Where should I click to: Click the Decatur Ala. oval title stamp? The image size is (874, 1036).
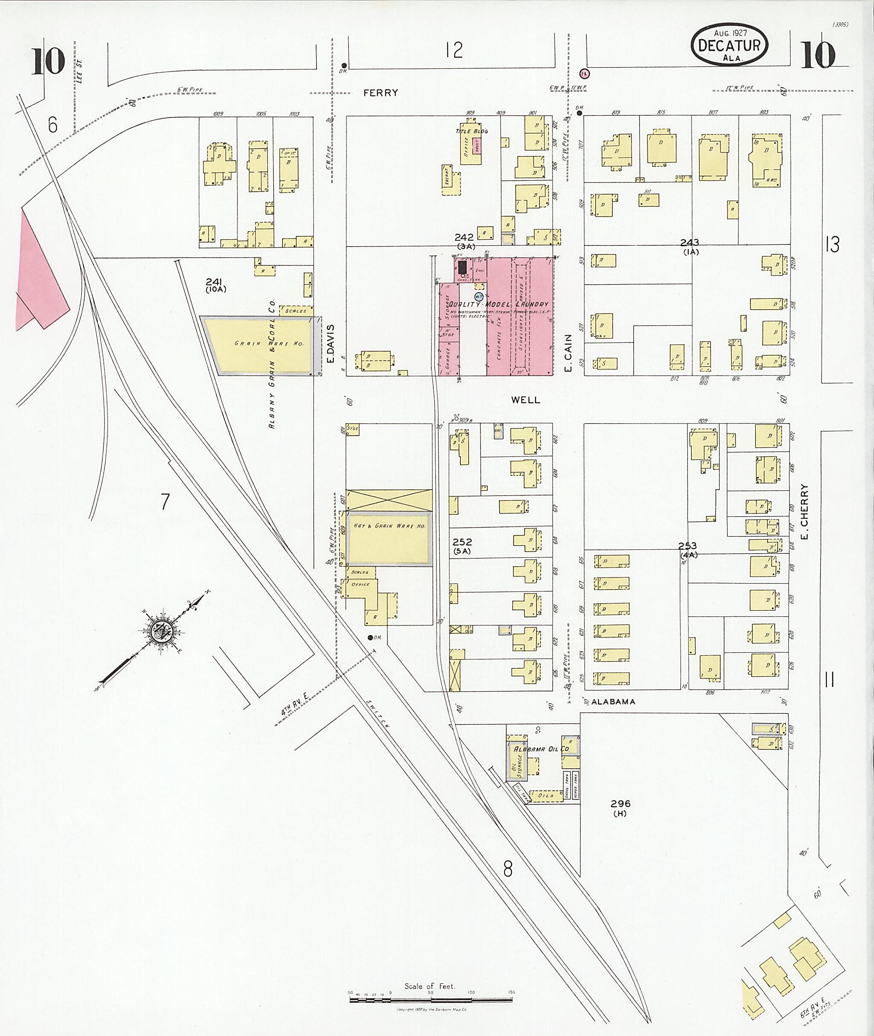coord(729,45)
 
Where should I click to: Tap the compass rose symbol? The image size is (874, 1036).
coord(161,633)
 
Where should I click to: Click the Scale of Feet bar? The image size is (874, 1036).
coord(430,999)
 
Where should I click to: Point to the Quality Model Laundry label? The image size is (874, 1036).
coord(498,304)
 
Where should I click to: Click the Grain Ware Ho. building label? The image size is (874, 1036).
coord(269,343)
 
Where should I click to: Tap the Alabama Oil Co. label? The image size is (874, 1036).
coord(542,749)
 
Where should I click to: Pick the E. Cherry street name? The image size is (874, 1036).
coord(804,511)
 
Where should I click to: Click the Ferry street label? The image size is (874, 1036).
coord(381,93)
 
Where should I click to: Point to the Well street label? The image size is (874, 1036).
coord(526,400)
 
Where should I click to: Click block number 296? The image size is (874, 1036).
coord(621,803)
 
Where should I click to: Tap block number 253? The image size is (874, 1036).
coord(688,546)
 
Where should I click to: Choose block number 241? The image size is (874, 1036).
coord(214,282)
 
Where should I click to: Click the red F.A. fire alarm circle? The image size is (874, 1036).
coord(585,74)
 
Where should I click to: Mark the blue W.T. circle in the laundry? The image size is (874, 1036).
coord(479,296)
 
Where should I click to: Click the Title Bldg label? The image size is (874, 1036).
coord(472,131)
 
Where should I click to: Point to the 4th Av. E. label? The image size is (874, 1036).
coord(295,704)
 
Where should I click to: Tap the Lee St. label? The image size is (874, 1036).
coord(79,70)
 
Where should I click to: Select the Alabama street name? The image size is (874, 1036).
coord(613,702)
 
